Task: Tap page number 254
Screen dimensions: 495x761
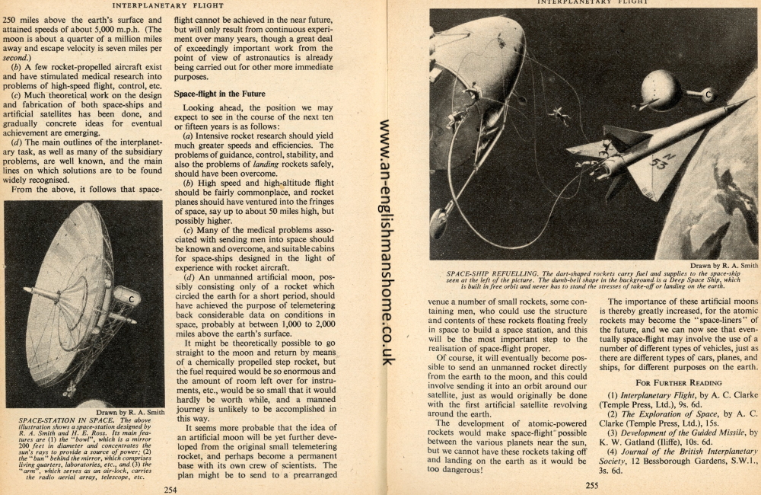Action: pyautogui.click(x=170, y=489)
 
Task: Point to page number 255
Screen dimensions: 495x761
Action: pyautogui.click(x=592, y=484)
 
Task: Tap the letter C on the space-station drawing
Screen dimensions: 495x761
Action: pyautogui.click(x=131, y=299)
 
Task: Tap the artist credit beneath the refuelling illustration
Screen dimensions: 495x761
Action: pyautogui.click(x=724, y=265)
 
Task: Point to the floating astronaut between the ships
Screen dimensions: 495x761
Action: pyautogui.click(x=560, y=115)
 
